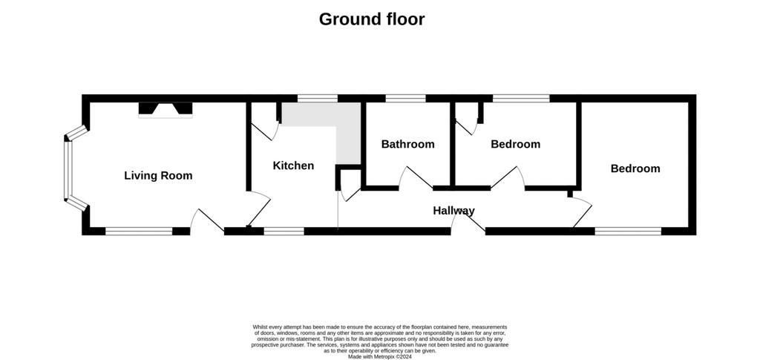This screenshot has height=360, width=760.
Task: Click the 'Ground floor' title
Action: pyautogui.click(x=372, y=19)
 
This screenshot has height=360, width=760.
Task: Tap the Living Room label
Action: pyautogui.click(x=158, y=175)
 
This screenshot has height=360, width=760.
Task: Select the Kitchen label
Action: pyautogui.click(x=293, y=166)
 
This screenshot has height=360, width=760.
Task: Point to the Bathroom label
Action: pyautogui.click(x=407, y=144)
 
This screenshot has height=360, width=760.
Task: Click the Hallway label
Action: pyautogui.click(x=453, y=211)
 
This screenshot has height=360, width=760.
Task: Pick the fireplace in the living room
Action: pyautogui.click(x=166, y=110)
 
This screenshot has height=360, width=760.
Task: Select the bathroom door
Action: pyautogui.click(x=416, y=178)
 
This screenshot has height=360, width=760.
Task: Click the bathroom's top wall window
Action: pyautogui.click(x=406, y=99)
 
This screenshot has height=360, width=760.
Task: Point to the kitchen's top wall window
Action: pyautogui.click(x=318, y=99)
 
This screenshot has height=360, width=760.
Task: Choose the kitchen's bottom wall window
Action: pyautogui.click(x=284, y=231)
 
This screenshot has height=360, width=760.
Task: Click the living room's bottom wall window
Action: pyautogui.click(x=139, y=231)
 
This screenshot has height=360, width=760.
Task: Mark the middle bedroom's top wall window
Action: pyautogui.click(x=522, y=99)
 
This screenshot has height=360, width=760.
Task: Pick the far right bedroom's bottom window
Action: pyautogui.click(x=628, y=231)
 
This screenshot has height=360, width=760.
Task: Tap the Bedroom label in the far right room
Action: pyautogui.click(x=635, y=168)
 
